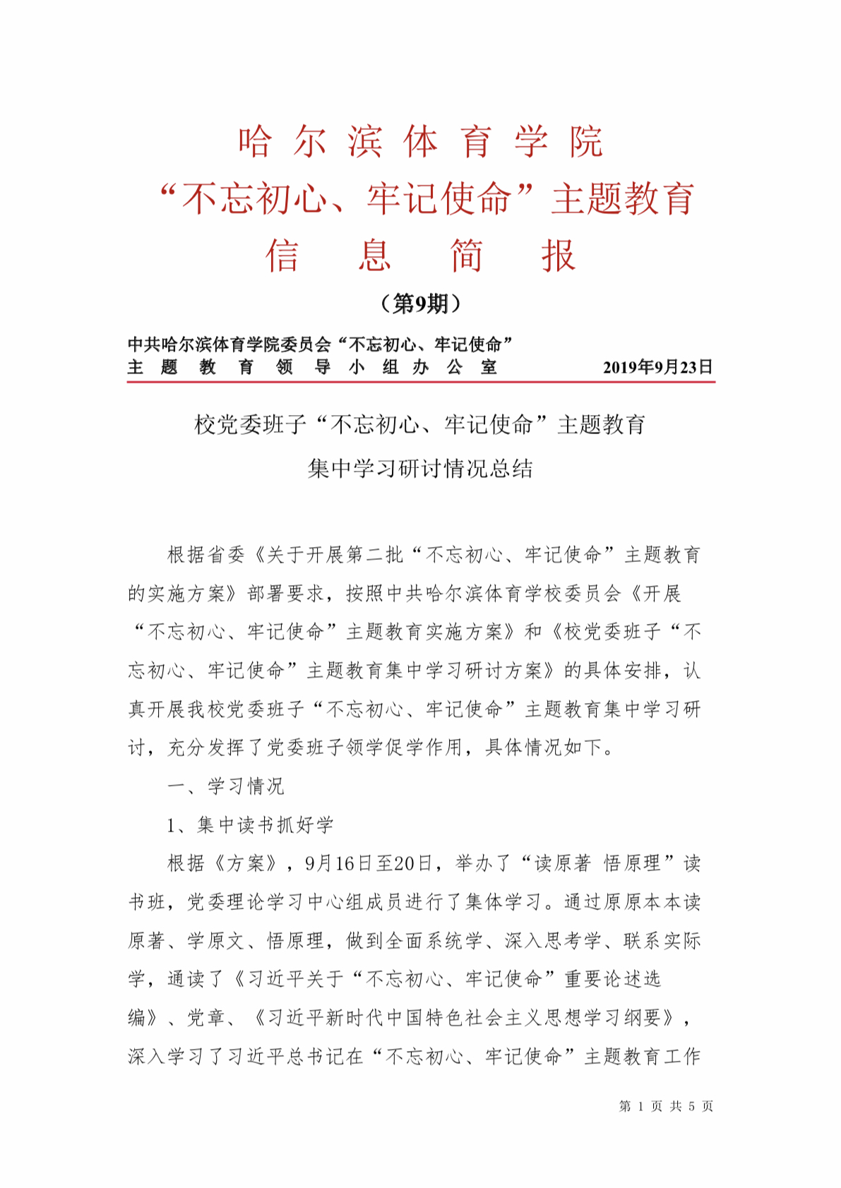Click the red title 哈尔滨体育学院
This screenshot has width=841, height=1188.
tap(421, 142)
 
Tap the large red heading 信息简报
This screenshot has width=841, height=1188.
tap(421, 256)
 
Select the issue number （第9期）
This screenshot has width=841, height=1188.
tap(421, 304)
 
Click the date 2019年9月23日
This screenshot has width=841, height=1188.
tap(657, 367)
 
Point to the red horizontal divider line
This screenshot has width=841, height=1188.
tap(421, 382)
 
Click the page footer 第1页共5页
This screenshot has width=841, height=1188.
tap(666, 1106)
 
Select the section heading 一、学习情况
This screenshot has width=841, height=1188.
tap(225, 786)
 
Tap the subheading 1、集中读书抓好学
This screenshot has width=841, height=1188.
tap(250, 824)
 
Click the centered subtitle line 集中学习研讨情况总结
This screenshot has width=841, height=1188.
tap(421, 469)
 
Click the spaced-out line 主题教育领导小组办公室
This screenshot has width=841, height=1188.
tap(312, 367)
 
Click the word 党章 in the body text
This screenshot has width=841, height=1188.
tap(205, 1017)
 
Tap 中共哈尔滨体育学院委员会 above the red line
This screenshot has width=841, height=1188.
tap(229, 344)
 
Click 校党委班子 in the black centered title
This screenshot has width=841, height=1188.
tap(250, 425)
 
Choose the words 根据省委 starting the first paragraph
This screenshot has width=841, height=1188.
tap(205, 555)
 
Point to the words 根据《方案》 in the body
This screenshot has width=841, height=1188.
tap(225, 863)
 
